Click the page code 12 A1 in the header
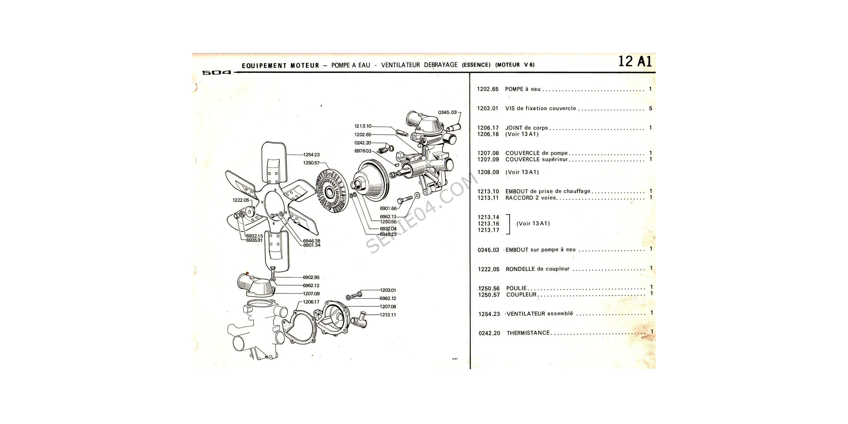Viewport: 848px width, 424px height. click(635, 61)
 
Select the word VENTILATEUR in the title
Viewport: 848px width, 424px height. click(400, 65)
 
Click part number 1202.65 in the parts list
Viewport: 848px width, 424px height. click(488, 89)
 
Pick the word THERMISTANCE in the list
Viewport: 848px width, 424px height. click(528, 333)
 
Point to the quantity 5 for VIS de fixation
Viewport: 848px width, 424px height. click(650, 108)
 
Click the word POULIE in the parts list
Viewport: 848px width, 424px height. click(516, 288)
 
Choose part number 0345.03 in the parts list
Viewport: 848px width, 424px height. click(488, 250)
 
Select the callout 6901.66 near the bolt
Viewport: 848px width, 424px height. click(388, 209)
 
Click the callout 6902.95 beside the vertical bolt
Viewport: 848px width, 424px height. click(311, 278)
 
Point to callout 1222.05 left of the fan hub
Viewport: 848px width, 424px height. click(241, 200)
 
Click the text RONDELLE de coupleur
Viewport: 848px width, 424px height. click(537, 269)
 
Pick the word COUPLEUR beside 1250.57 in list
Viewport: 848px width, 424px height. click(521, 295)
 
